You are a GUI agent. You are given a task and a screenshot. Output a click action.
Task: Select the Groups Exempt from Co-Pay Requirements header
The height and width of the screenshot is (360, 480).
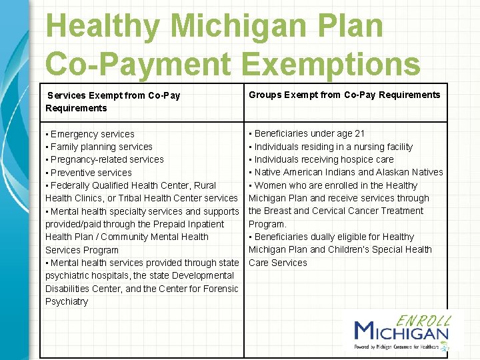click(344, 95)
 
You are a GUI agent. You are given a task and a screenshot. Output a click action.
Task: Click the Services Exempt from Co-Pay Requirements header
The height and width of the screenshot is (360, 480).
click(113, 101)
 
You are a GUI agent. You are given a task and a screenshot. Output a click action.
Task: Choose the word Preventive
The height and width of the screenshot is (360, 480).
click(73, 173)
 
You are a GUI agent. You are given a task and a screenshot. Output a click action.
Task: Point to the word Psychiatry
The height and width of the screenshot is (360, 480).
click(67, 301)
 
